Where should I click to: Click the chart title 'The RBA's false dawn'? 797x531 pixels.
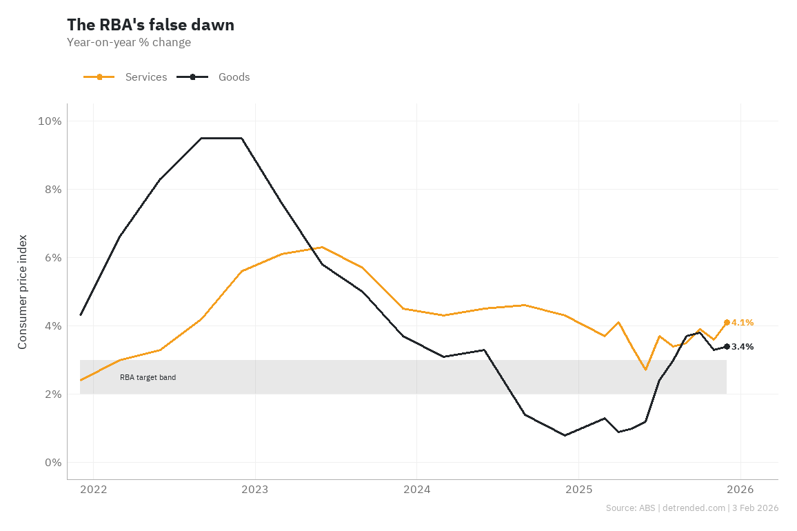150,25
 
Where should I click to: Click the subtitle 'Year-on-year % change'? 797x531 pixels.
129,43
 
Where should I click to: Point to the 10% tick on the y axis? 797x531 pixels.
49,121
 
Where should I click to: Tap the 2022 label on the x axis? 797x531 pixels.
93,490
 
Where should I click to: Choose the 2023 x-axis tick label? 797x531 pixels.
255,490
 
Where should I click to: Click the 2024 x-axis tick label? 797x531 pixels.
416,490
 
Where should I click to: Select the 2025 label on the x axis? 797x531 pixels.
578,490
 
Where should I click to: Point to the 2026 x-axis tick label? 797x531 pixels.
740,490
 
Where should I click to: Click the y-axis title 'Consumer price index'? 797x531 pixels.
23,292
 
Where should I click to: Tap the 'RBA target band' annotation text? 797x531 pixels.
148,377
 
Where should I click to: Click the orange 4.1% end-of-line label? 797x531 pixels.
743,323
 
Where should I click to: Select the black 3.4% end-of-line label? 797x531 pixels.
743,347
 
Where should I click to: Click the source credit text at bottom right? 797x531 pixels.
692,508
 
